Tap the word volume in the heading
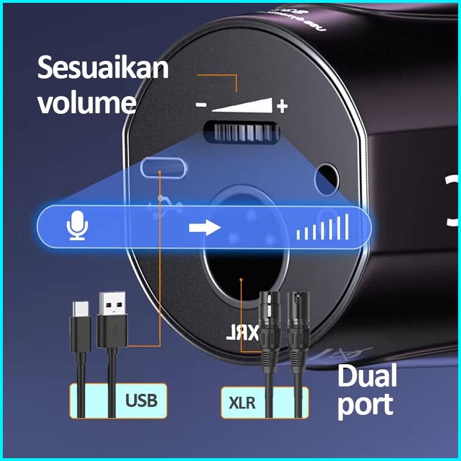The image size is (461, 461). [87, 102]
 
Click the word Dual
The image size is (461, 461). [367, 376]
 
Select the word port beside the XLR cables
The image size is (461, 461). [365, 404]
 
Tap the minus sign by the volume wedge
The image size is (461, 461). [200, 105]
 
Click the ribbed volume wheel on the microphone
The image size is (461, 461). [242, 133]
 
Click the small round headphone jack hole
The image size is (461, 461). [328, 174]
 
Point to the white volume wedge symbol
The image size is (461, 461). [242, 105]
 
